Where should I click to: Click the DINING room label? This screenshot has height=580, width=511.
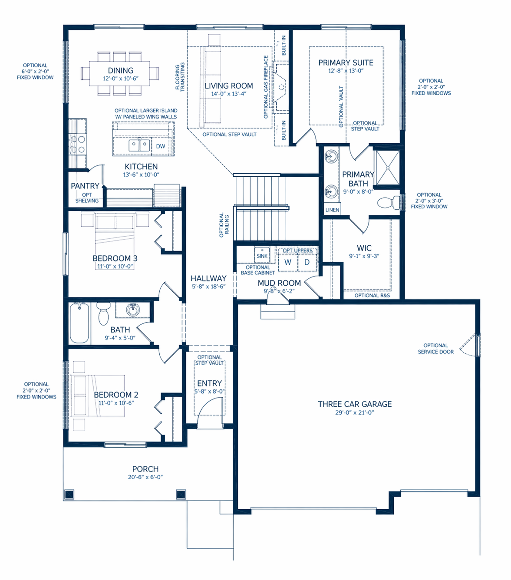(x=121, y=71)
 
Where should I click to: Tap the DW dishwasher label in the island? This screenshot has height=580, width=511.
(x=161, y=146)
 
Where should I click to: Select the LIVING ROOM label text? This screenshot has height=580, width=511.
(x=229, y=86)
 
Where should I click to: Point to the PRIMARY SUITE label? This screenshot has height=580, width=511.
(x=346, y=63)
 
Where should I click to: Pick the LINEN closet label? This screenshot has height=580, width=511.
(x=332, y=210)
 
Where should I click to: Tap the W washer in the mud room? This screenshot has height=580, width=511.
(x=287, y=262)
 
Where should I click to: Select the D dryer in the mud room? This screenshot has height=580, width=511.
(x=307, y=262)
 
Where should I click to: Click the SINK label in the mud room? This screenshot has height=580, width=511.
(x=262, y=256)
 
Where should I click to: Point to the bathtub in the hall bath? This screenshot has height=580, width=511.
(x=79, y=323)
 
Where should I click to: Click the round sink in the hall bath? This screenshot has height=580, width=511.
(x=132, y=310)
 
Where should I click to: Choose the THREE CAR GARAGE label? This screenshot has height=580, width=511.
(x=355, y=404)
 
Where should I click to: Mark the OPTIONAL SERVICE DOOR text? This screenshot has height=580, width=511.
(x=435, y=349)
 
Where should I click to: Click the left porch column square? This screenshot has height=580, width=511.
(x=69, y=494)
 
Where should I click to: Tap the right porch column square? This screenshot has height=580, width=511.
(x=181, y=494)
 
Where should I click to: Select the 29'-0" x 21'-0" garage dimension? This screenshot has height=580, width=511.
(x=354, y=413)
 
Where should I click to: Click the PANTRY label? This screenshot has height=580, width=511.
(x=85, y=186)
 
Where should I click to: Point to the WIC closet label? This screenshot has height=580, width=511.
(x=364, y=248)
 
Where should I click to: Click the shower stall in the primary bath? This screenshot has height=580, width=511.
(x=387, y=168)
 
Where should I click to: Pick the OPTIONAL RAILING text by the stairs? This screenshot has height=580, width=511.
(x=224, y=224)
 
